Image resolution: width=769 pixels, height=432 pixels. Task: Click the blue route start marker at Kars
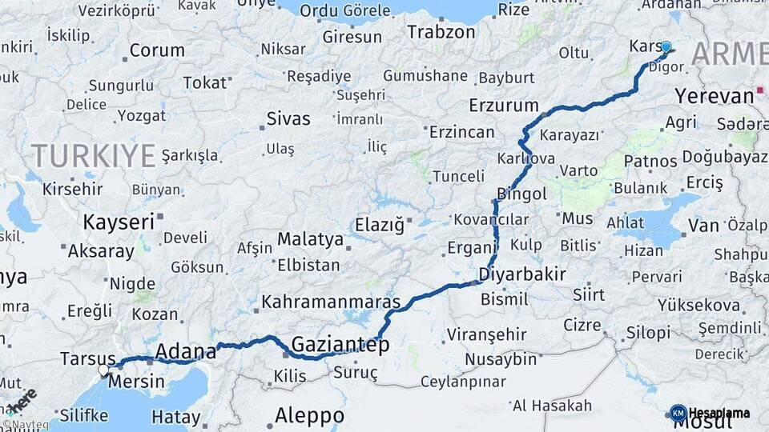point(666,46)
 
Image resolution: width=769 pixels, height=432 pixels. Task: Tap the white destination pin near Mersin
point(103,370)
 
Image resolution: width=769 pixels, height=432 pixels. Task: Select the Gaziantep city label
point(340,345)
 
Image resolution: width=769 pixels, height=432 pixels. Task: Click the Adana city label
point(185,350)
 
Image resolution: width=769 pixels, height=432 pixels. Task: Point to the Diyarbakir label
point(521,274)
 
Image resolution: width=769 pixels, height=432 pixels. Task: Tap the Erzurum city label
point(504,105)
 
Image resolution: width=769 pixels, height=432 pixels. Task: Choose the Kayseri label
point(118,222)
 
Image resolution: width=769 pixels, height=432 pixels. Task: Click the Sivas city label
point(288,119)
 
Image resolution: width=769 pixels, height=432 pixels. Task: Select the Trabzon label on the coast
point(441,32)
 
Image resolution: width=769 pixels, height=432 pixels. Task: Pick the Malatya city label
point(310,238)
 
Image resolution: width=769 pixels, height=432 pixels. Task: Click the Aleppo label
point(309,416)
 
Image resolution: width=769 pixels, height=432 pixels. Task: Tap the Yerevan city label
point(714,96)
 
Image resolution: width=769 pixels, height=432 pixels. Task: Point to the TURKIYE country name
point(93,155)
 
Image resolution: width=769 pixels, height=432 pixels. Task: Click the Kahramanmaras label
point(331,303)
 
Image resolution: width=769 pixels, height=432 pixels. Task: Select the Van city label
point(703,226)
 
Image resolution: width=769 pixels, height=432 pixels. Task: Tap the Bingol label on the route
point(521,194)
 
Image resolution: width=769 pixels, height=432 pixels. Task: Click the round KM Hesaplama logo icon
point(678,413)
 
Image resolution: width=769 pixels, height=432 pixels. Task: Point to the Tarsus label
point(87,359)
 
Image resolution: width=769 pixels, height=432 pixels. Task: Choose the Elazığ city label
point(380,226)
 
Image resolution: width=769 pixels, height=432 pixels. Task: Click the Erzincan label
point(461,131)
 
